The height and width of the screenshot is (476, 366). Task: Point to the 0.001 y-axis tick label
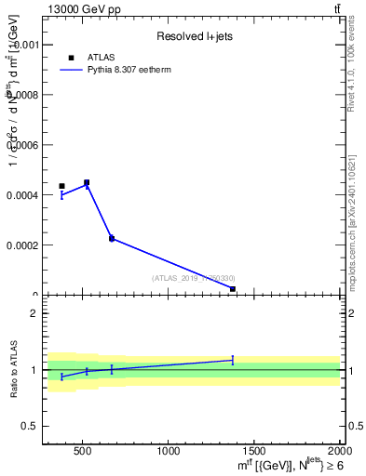[x=21, y=45]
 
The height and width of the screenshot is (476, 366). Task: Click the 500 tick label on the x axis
[x=82, y=453]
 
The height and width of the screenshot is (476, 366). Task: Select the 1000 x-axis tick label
[x=169, y=453]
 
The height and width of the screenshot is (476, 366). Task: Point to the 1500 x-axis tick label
[x=255, y=453]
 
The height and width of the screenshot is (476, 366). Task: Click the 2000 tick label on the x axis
[x=340, y=453]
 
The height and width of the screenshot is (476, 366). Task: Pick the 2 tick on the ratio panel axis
[x=34, y=314]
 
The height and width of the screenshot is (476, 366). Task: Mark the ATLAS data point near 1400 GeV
[x=232, y=289]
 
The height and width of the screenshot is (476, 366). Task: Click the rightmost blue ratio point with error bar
[x=232, y=360]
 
